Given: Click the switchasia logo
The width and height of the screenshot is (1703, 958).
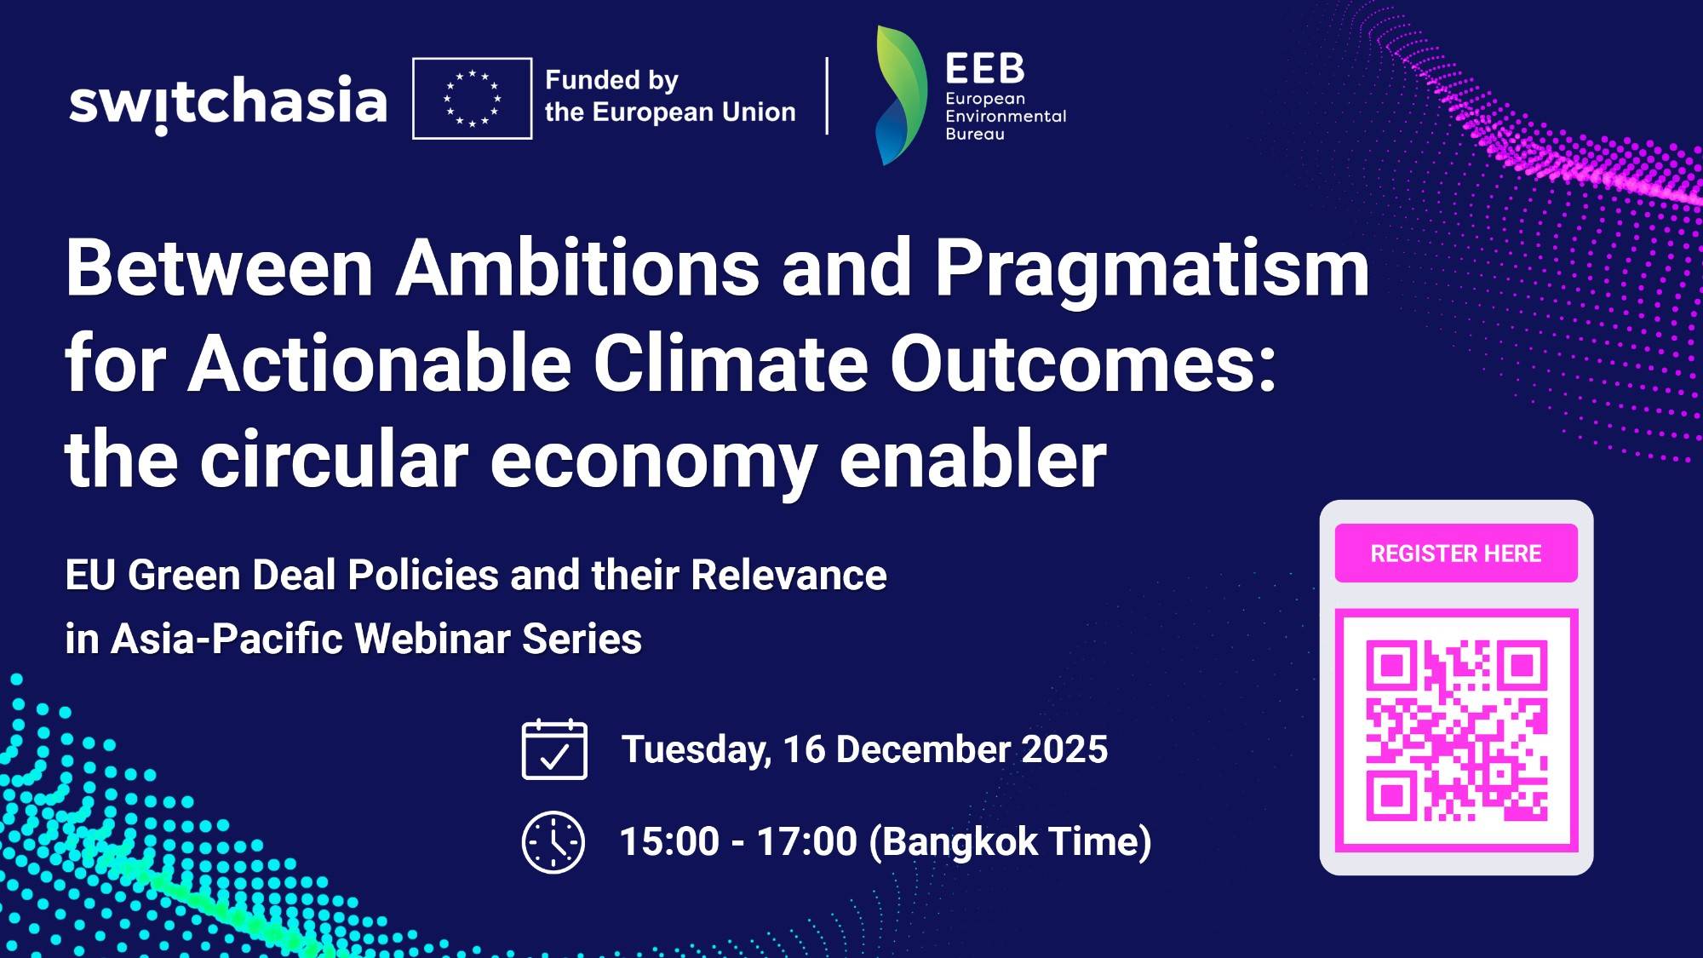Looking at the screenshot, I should point(227,102).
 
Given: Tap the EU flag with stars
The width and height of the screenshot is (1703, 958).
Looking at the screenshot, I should point(472,98).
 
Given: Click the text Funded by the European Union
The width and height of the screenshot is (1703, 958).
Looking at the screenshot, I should point(669,96).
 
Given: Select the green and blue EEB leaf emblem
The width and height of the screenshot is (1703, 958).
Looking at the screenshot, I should point(901,95).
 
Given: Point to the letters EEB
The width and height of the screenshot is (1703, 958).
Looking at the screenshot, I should point(984,68).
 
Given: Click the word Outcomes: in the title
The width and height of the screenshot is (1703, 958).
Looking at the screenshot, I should point(1083,364).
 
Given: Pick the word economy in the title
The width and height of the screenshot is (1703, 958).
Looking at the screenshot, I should point(653,461).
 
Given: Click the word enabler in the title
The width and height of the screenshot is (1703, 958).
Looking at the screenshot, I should point(972,461).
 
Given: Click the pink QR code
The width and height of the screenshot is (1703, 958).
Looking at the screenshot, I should point(1456,730).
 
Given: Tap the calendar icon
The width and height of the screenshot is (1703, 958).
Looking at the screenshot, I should point(554,749).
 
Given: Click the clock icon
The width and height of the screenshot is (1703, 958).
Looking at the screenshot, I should point(553,841).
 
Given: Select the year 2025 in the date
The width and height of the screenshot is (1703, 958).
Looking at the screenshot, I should point(1064,749).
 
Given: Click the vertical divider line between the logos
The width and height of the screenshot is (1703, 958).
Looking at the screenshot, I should point(827,96).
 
